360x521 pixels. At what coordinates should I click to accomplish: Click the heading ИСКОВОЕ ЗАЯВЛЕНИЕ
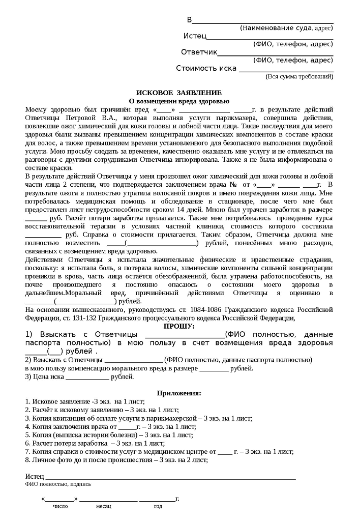(178, 93)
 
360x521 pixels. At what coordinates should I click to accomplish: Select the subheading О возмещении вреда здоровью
(178, 101)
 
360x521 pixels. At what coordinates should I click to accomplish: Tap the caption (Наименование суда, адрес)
(286, 28)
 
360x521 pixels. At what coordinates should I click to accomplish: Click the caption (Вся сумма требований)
(299, 76)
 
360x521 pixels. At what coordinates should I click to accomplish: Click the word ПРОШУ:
(178, 326)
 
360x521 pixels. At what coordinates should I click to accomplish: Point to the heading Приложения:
(178, 393)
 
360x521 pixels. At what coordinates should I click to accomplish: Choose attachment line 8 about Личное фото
(117, 459)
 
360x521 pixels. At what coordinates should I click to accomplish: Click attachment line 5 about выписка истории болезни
(109, 435)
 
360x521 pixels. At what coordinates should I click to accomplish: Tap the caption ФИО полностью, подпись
(58, 484)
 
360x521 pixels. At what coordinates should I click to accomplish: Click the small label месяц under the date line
(103, 506)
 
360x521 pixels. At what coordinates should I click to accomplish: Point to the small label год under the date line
(158, 506)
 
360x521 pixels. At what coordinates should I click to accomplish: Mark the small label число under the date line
(61, 506)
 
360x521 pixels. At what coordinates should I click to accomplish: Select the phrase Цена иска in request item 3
(48, 377)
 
